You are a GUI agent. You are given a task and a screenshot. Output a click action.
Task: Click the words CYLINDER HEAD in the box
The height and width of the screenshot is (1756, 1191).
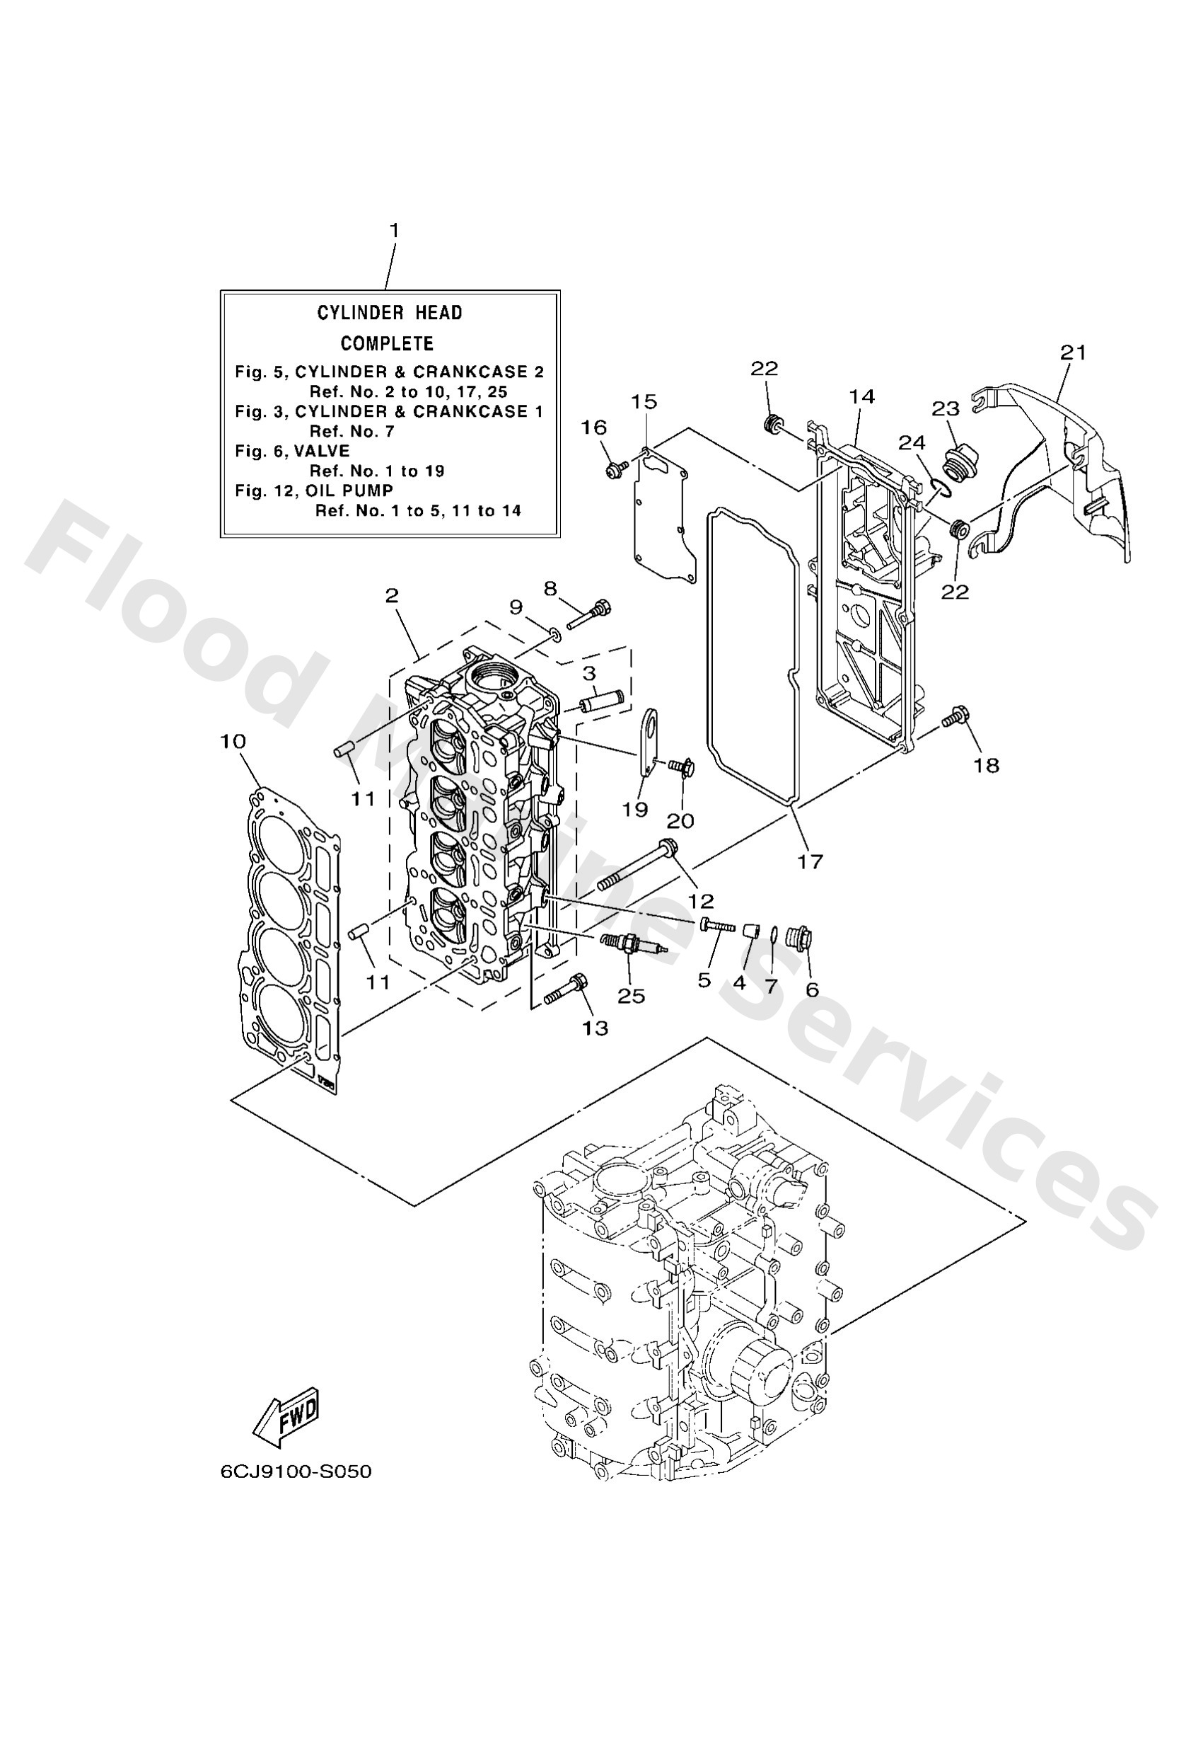point(389,313)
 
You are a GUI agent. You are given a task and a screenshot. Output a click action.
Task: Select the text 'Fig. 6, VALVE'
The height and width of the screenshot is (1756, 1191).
point(292,451)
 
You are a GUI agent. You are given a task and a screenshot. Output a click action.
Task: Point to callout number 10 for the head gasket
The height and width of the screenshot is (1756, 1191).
point(233,741)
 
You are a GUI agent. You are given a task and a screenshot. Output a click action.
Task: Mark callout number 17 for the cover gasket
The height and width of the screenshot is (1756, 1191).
point(810,861)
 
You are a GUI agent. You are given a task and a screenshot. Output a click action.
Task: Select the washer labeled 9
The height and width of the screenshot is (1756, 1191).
point(555,631)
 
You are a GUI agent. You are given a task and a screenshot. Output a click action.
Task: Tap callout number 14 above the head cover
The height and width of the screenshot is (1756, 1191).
point(861,396)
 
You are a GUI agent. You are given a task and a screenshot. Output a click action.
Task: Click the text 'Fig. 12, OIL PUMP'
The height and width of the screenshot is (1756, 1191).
point(313,491)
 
